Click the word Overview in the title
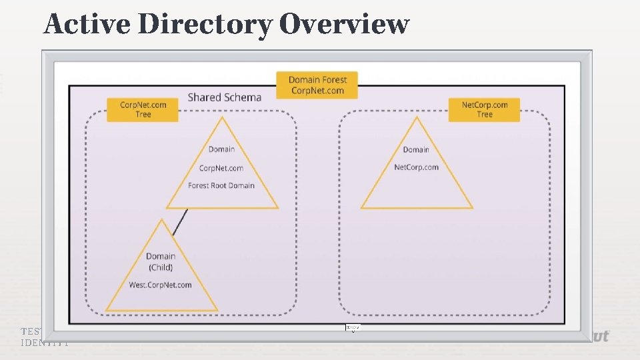(343, 25)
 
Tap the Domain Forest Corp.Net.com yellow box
(317, 85)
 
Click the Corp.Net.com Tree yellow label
(143, 109)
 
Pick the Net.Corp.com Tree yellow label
(484, 109)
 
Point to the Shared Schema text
(224, 97)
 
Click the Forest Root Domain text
(221, 185)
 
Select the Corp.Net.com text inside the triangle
(221, 168)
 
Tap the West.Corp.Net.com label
(160, 285)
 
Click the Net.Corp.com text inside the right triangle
(416, 167)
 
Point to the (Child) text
(161, 267)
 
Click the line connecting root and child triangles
(180, 222)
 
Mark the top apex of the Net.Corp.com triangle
(417, 118)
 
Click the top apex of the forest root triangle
(221, 118)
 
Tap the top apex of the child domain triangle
(161, 219)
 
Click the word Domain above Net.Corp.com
(416, 149)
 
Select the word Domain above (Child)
(161, 256)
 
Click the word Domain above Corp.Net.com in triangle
(221, 149)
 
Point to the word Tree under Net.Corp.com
(485, 115)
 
